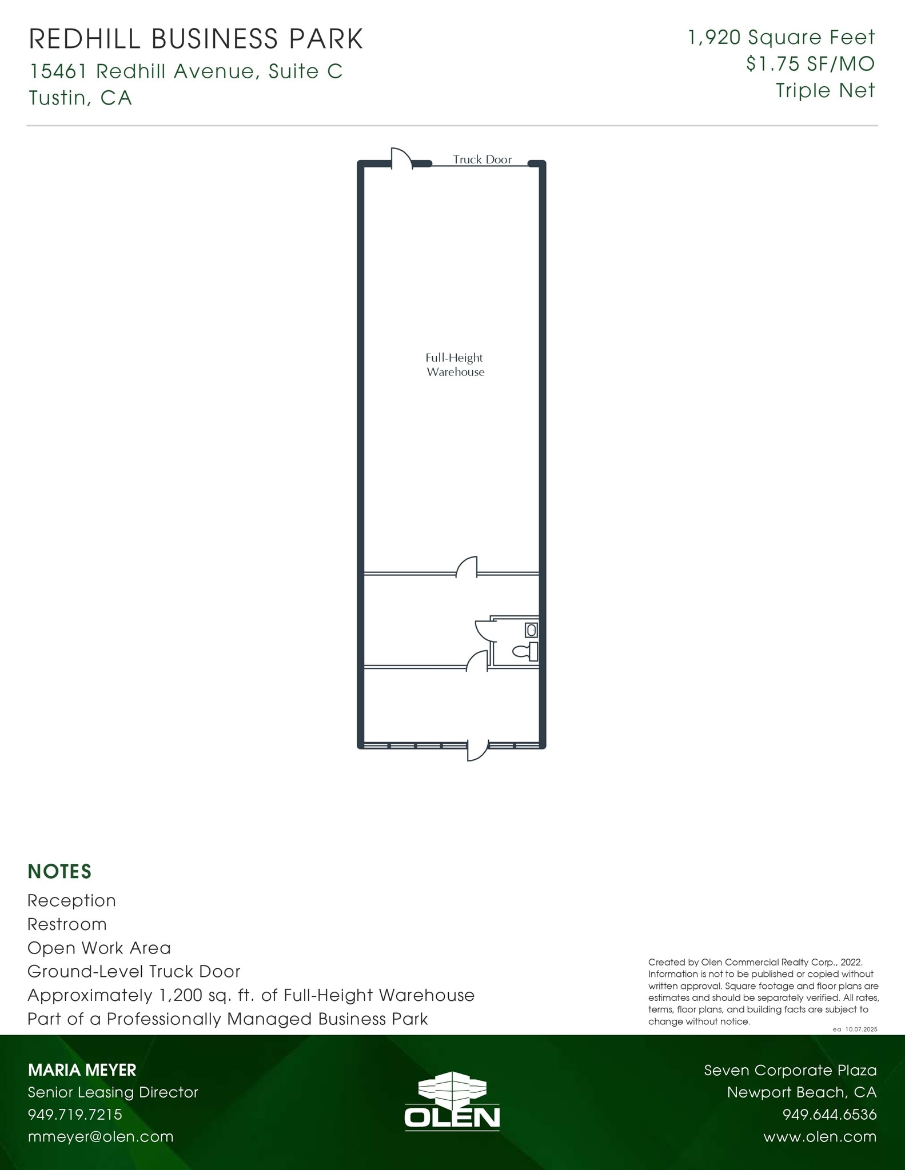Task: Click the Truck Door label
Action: [482, 159]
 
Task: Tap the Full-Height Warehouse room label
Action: [455, 364]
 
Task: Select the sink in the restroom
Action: [531, 630]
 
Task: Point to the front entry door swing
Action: [477, 751]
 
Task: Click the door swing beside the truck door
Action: [401, 158]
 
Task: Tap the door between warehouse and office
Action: [467, 567]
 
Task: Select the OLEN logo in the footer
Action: [452, 1100]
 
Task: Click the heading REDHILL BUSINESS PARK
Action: [196, 39]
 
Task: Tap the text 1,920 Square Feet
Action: [781, 38]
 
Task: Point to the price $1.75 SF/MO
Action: [810, 64]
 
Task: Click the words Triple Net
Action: [825, 90]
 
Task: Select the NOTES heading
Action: [59, 871]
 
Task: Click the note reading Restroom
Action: [67, 924]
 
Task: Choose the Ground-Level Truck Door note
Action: [134, 971]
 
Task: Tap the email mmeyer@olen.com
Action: [101, 1136]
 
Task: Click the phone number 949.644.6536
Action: [829, 1115]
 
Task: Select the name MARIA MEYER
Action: [82, 1069]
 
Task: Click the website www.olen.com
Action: [820, 1137]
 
